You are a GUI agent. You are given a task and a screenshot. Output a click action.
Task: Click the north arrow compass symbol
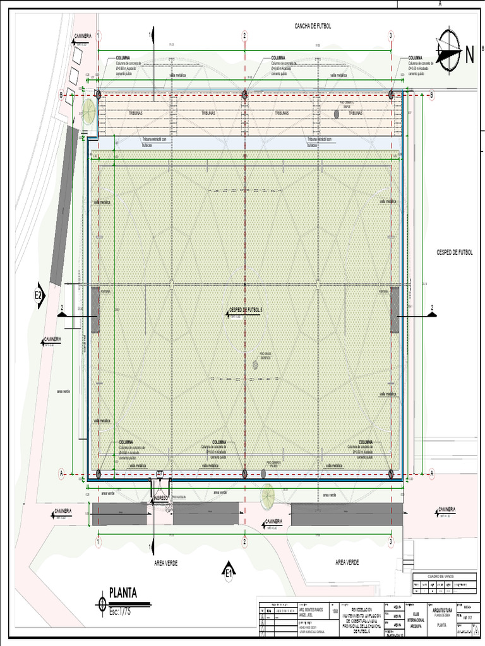[448, 50]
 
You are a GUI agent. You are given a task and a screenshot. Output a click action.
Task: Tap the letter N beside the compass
[470, 55]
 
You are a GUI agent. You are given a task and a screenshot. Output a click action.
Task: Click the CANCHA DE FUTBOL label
[313, 26]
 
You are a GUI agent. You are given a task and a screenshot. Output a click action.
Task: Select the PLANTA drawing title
[123, 592]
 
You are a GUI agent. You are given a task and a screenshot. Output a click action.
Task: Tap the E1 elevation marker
[229, 572]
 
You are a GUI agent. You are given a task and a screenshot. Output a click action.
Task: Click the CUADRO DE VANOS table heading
[441, 575]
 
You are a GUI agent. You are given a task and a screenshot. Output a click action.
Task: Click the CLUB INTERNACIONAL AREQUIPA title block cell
[415, 619]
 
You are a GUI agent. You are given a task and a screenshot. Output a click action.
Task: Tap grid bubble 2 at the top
[244, 35]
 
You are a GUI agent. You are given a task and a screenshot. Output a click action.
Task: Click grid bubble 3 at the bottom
[391, 542]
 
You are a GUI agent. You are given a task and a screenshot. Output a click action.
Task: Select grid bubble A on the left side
[61, 473]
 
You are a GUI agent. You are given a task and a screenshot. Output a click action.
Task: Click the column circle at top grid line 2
[244, 95]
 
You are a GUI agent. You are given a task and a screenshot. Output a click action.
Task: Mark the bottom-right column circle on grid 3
[392, 473]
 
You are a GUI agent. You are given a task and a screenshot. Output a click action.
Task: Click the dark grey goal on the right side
[395, 309]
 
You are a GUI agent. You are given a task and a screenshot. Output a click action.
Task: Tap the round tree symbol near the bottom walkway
[268, 494]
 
